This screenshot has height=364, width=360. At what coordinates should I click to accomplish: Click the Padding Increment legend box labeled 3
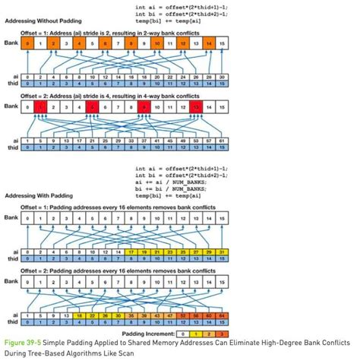point(221,333)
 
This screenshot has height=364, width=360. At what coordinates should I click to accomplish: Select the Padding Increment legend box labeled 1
point(194,333)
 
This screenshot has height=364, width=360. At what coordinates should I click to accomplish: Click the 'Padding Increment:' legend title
point(147,333)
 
